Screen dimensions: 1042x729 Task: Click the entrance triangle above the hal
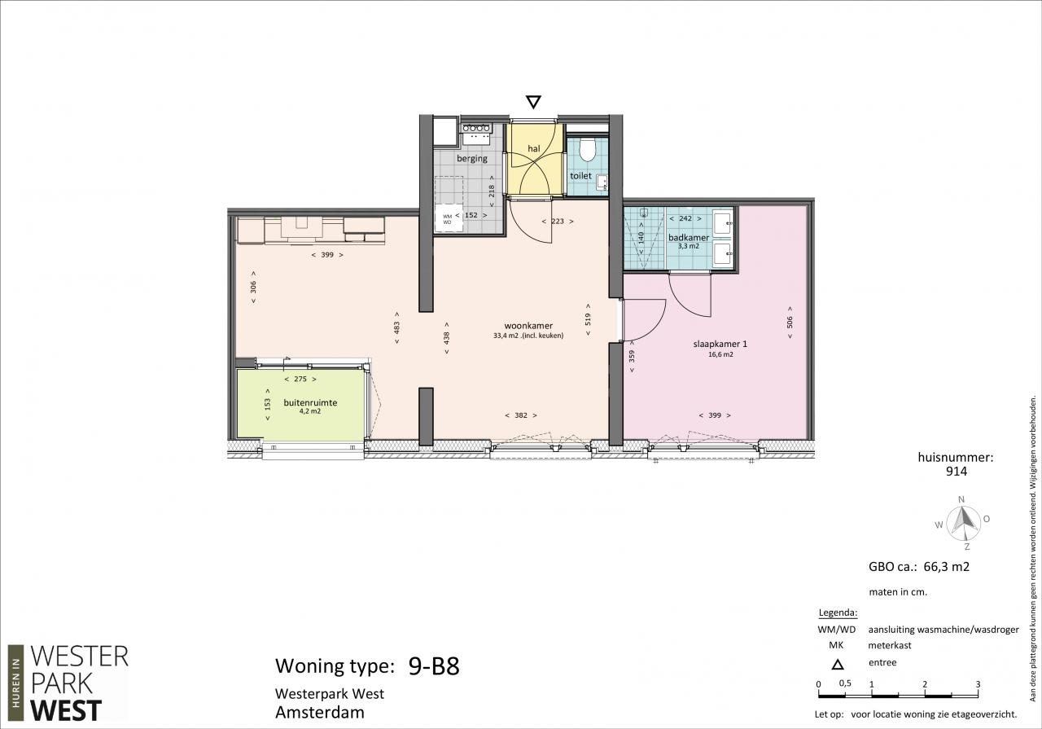(533, 102)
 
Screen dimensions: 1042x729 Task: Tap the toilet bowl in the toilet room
(588, 149)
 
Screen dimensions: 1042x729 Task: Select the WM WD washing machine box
(449, 217)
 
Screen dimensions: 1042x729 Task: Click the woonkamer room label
(528, 326)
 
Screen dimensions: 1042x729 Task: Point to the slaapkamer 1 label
(720, 344)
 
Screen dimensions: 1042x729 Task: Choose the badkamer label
(689, 237)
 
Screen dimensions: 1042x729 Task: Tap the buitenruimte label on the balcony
(310, 402)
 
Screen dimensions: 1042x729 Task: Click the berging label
(472, 158)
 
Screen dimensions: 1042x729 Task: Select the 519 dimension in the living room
(588, 318)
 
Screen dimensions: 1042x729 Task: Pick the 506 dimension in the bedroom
(790, 322)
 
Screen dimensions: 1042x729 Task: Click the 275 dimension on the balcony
(300, 379)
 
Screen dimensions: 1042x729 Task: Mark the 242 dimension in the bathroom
(685, 218)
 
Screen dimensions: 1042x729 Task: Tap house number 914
(957, 472)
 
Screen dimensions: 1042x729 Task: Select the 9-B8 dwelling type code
(434, 666)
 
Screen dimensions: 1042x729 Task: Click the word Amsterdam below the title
(320, 712)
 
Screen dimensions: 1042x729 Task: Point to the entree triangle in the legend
(838, 665)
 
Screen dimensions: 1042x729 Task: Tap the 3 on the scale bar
(978, 685)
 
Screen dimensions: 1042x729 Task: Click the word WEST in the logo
(66, 711)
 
